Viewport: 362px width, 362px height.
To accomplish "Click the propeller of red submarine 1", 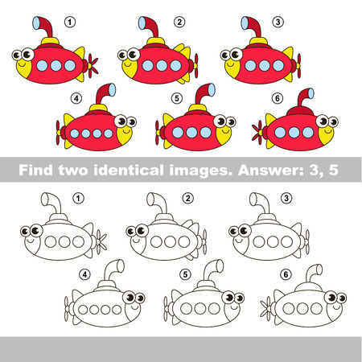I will (x=93, y=64).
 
